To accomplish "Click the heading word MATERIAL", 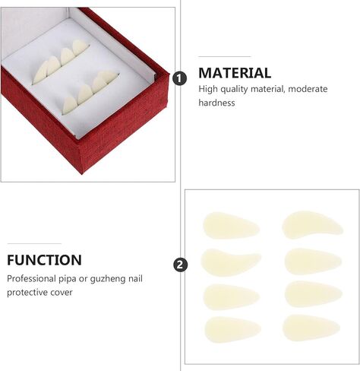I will click(x=235, y=73).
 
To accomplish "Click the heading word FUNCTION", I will click(x=45, y=260).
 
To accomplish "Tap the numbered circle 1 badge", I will click(x=180, y=78).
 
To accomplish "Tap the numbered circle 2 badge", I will click(x=180, y=265).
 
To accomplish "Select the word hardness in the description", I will click(x=217, y=103).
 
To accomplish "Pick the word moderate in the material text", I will click(x=308, y=89).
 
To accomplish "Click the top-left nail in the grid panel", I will click(x=231, y=226).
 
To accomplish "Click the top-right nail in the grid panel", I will click(x=312, y=225).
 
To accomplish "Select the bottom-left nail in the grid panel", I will click(x=232, y=328).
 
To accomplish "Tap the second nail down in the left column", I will click(x=231, y=262).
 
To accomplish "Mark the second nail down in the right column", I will click(x=312, y=261).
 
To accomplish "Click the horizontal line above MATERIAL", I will click(x=225, y=56).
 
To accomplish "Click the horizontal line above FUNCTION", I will click(x=33, y=243).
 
